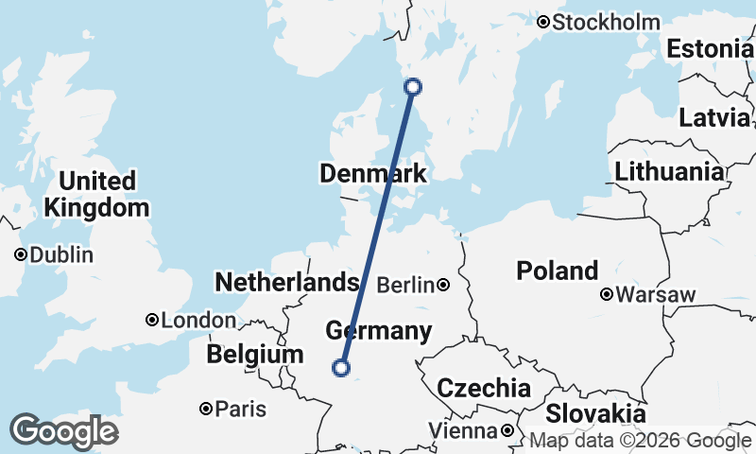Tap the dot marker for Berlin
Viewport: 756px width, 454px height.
[x=443, y=285]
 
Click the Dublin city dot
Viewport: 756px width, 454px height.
[x=21, y=254]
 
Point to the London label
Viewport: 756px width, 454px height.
[x=198, y=321]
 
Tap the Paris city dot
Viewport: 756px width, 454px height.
[x=206, y=410]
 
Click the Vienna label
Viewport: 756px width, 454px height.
[x=462, y=431]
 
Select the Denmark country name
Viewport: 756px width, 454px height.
[x=372, y=174]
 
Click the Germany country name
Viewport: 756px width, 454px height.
[x=378, y=331]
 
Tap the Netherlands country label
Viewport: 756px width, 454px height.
[x=286, y=282]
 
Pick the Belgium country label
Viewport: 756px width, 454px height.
[x=255, y=355]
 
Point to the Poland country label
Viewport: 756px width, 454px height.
[x=557, y=271]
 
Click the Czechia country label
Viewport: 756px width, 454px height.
[x=483, y=388]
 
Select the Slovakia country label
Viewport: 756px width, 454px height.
[x=594, y=413]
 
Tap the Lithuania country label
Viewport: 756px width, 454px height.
[x=668, y=172]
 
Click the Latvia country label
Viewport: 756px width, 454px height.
[x=713, y=118]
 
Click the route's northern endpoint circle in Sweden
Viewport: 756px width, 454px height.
[x=413, y=87]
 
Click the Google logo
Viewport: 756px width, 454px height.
[x=63, y=430]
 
